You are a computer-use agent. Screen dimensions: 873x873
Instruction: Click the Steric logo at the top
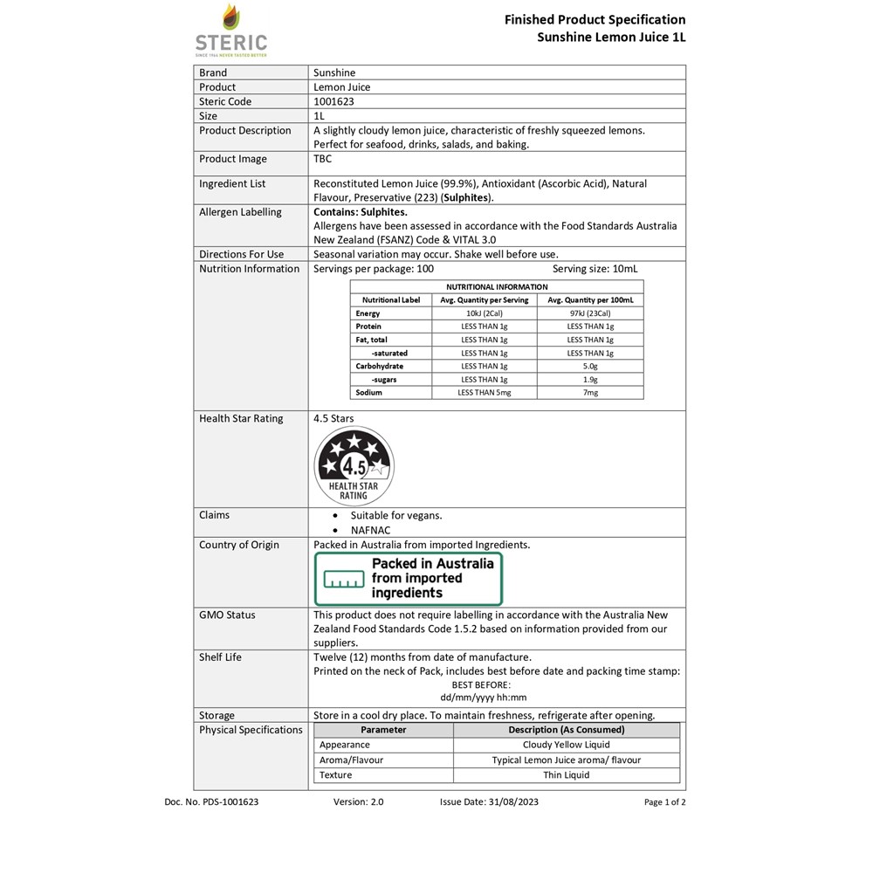point(230,30)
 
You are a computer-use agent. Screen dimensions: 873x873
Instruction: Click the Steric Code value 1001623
point(333,101)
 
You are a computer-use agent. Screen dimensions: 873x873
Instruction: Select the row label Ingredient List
point(232,184)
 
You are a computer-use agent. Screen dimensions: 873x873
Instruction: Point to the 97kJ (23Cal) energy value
point(590,313)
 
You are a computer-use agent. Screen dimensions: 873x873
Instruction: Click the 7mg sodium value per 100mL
point(590,393)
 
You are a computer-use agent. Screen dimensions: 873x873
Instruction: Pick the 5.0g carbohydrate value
point(590,367)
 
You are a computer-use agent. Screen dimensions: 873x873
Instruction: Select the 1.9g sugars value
point(590,380)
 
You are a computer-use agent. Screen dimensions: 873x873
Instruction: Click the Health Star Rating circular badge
point(353,464)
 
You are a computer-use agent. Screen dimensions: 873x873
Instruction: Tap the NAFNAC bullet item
point(370,530)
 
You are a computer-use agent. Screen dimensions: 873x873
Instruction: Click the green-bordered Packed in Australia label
point(409,579)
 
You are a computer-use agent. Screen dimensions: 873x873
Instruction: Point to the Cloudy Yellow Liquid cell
point(566,746)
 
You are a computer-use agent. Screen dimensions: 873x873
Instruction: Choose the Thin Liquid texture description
point(566,775)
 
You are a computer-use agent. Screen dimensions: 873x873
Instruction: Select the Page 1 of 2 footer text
point(664,801)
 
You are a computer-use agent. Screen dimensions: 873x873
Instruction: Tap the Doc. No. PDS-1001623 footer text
point(211,801)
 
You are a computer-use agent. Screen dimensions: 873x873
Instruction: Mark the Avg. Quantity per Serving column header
point(485,299)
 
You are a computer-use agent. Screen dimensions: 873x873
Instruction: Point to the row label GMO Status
point(227,615)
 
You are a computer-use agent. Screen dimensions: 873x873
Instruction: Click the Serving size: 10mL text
point(595,269)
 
